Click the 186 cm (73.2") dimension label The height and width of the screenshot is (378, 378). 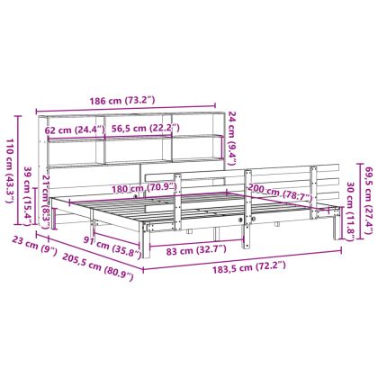122,101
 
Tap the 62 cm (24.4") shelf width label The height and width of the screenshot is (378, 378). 75,130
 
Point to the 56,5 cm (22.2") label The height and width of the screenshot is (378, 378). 146,129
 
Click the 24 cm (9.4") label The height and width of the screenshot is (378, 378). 232,139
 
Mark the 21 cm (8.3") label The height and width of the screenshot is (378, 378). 45,202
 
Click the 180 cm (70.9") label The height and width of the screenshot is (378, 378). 144,188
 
